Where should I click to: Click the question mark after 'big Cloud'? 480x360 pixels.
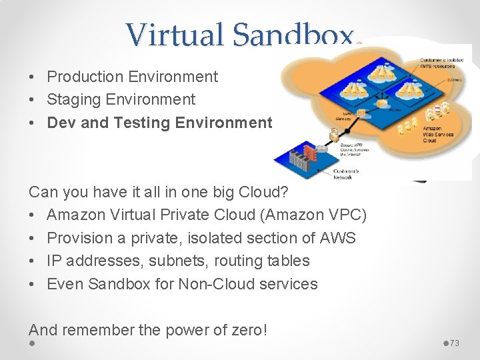tap(285, 192)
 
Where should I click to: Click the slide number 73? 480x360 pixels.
tap(455, 343)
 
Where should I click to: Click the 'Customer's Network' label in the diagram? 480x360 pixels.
tap(345, 173)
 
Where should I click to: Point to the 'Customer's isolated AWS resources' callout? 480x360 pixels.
tap(437, 63)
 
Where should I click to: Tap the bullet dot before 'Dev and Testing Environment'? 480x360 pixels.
tap(33, 123)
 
